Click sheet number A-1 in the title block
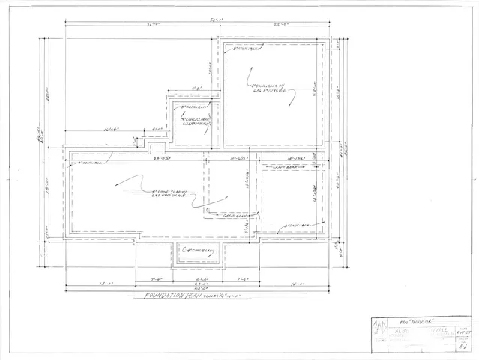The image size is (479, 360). [x=462, y=345]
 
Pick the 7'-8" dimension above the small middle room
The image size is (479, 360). [x=197, y=89]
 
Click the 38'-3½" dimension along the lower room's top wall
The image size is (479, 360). [x=161, y=158]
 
